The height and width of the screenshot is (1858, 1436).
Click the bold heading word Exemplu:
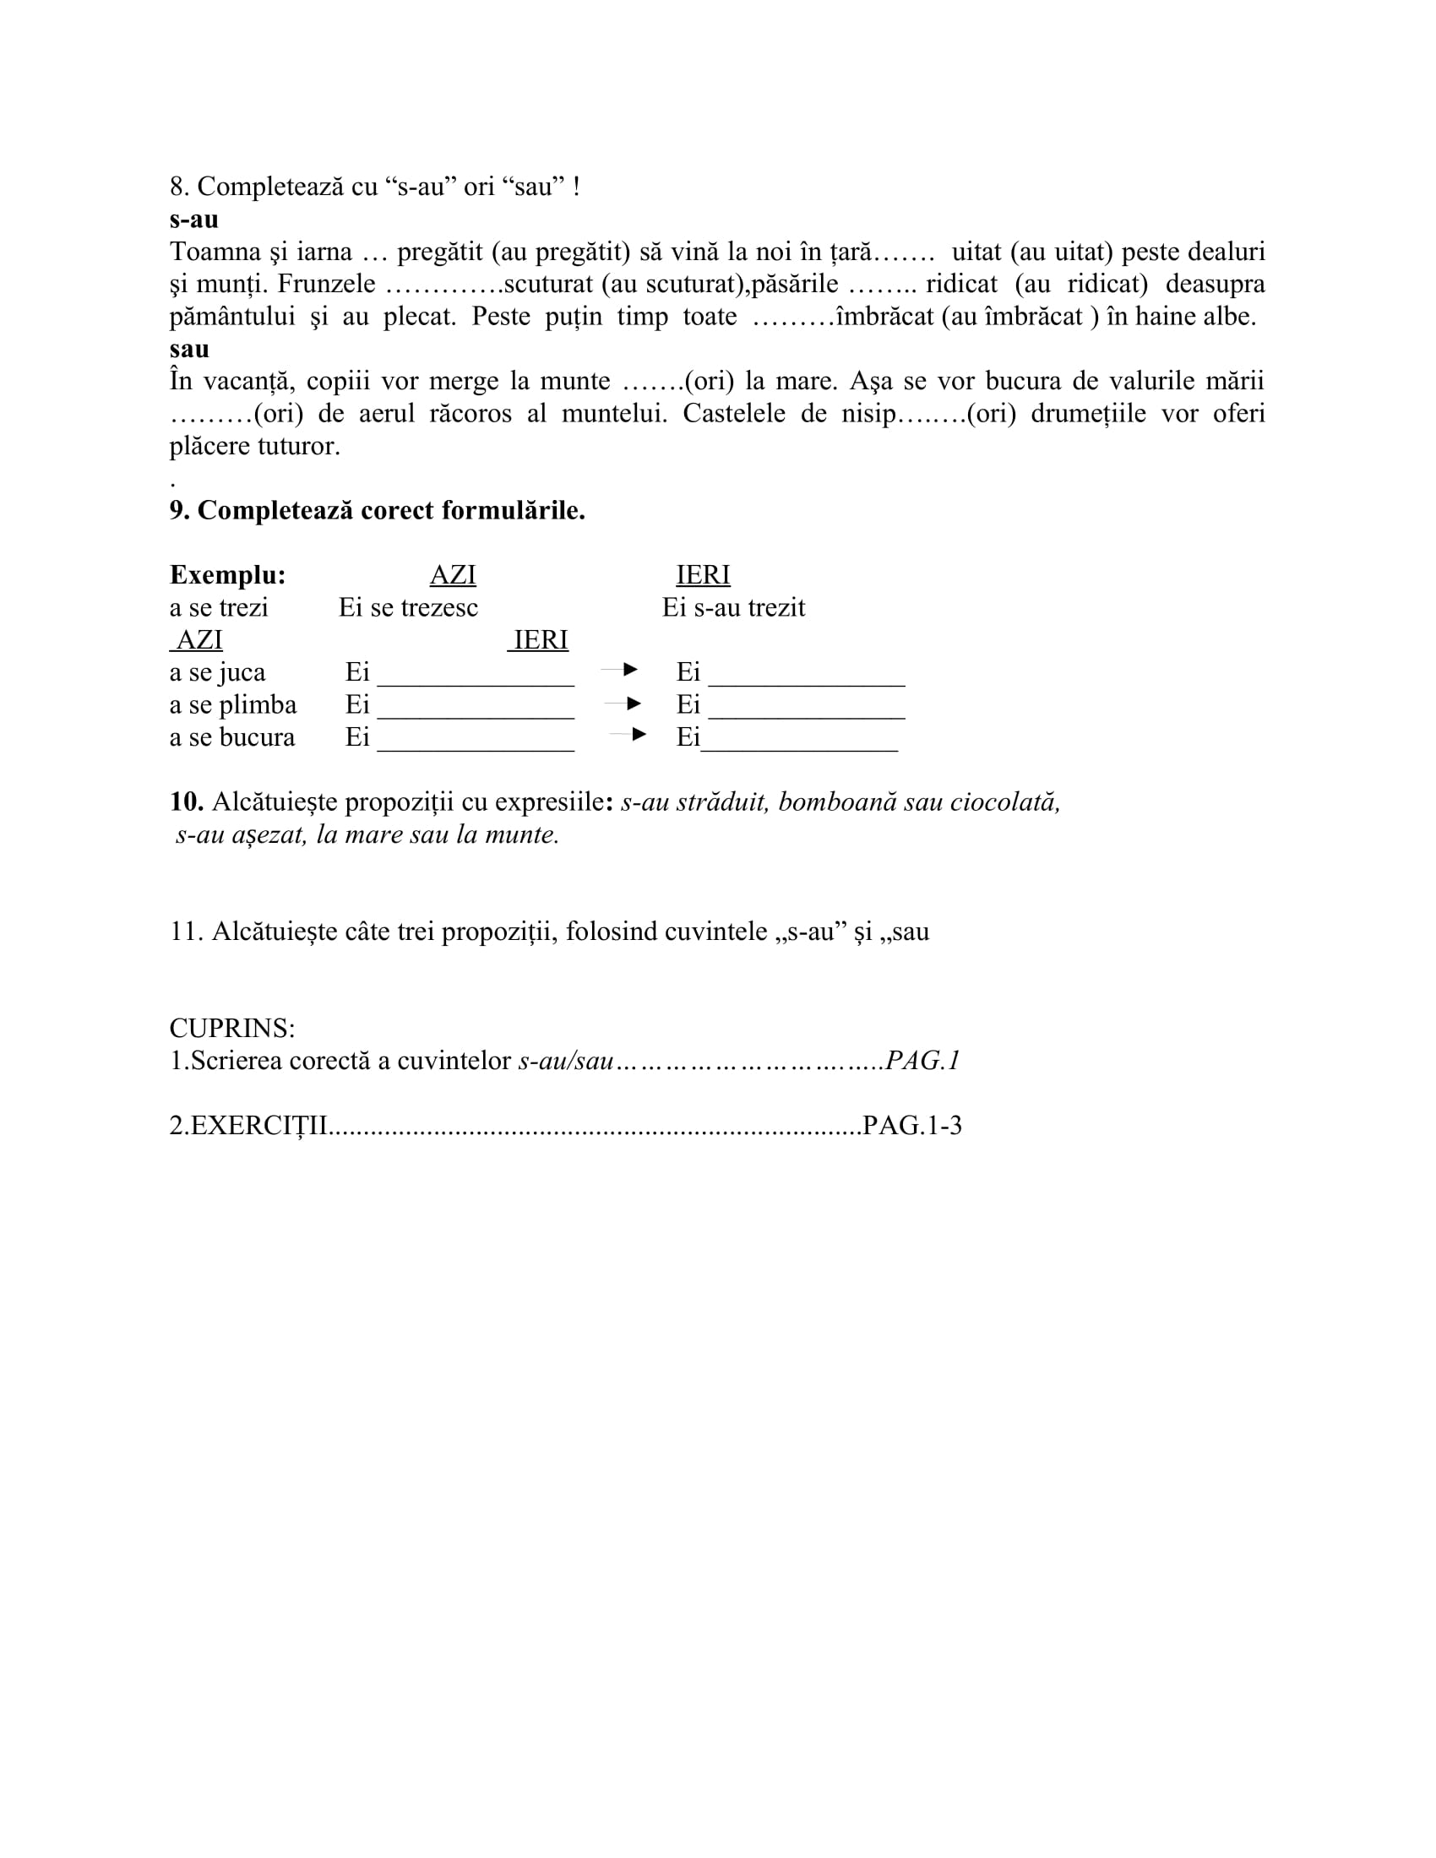pyautogui.click(x=227, y=575)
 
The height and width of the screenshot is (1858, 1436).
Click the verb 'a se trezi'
pyautogui.click(x=219, y=607)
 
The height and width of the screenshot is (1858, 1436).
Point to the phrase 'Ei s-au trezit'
pyautogui.click(x=733, y=607)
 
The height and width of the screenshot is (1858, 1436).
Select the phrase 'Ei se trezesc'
pyautogui.click(x=408, y=607)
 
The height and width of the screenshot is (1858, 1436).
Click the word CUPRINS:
pyautogui.click(x=232, y=1029)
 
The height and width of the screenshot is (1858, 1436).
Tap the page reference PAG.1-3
pyautogui.click(x=912, y=1126)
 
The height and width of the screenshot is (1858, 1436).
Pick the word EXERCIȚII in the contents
pyautogui.click(x=259, y=1126)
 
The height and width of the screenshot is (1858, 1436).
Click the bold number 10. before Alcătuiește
pyautogui.click(x=187, y=801)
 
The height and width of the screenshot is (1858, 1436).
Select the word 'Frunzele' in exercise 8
pyautogui.click(x=326, y=283)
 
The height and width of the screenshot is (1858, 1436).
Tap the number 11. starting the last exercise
pyautogui.click(x=187, y=932)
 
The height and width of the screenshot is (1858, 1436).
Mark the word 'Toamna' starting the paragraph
pyautogui.click(x=214, y=251)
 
